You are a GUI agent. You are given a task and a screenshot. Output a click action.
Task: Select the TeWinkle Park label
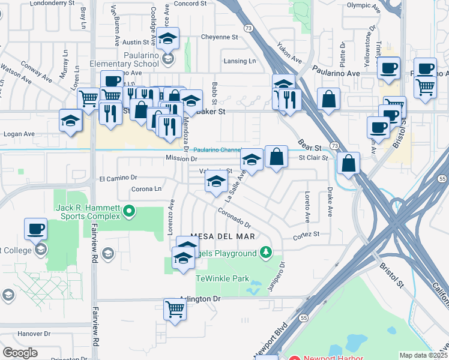point(222,278)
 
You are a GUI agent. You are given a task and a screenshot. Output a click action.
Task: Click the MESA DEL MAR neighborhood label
point(223,237)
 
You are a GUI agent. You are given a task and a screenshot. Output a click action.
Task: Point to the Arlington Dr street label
point(200,298)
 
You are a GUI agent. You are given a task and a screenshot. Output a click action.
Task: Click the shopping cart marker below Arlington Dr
point(175,310)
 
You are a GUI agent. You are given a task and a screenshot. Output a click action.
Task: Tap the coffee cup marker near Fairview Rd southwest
point(35,229)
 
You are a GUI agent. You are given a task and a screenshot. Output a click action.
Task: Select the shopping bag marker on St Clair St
point(276,157)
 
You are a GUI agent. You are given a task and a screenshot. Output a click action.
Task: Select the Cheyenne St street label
point(220,37)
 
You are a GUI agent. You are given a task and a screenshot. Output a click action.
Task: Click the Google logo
point(20,353)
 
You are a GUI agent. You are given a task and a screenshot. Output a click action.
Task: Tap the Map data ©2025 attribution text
point(423,355)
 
